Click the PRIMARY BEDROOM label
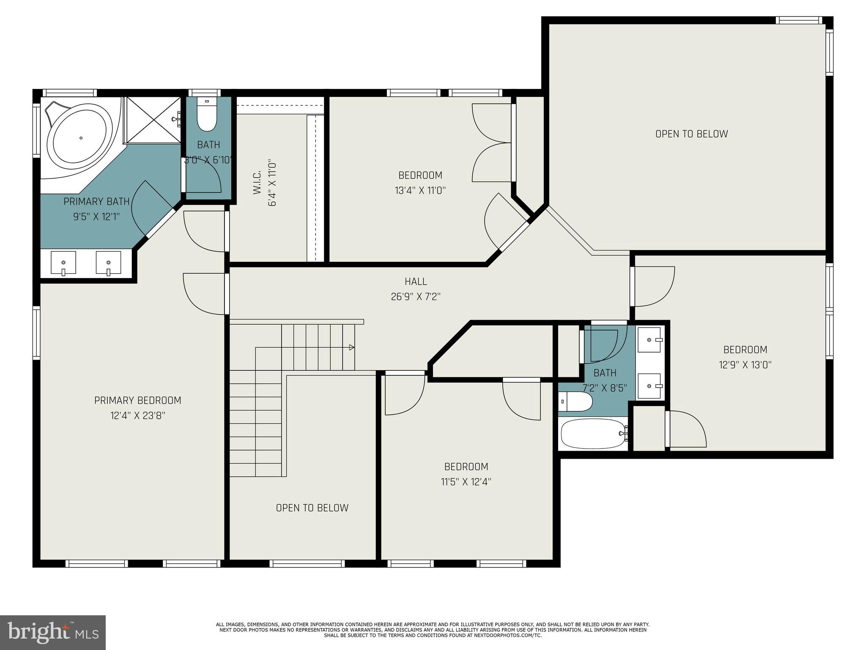point(137,400)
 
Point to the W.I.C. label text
point(257,183)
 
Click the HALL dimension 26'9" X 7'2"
point(416,297)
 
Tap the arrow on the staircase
point(351,347)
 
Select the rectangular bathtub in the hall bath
point(593,434)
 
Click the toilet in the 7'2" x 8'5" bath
point(575,402)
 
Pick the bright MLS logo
point(53,632)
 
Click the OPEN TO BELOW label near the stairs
point(312,508)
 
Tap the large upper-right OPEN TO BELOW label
point(691,134)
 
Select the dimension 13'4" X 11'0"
point(420,190)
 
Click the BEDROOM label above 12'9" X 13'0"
point(745,350)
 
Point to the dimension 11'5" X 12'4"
point(466,482)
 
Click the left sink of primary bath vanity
point(63,263)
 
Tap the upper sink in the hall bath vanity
point(649,339)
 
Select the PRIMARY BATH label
point(96,201)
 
